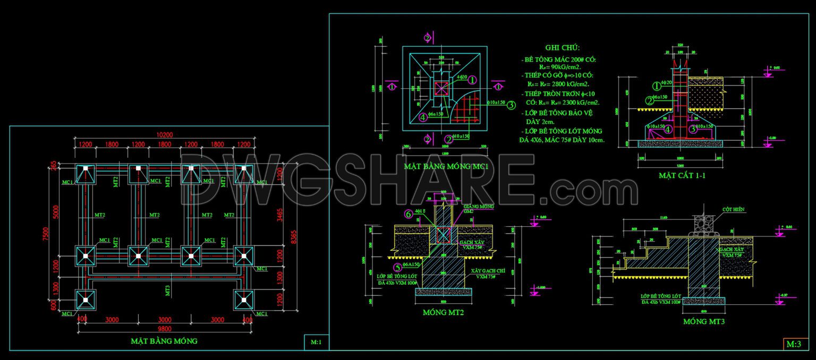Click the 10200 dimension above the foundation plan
pyautogui.click(x=165, y=134)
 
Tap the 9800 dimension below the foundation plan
pyautogui.click(x=164, y=329)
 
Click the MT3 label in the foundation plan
pyautogui.click(x=167, y=290)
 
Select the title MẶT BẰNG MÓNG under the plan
pyautogui.click(x=164, y=341)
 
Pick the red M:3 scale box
pyautogui.click(x=794, y=344)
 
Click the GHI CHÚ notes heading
pyautogui.click(x=563, y=48)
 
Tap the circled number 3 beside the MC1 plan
pyautogui.click(x=511, y=105)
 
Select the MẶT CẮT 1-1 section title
pyautogui.click(x=682, y=175)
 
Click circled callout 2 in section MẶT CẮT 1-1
pyautogui.click(x=649, y=100)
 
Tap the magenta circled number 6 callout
pyautogui.click(x=408, y=214)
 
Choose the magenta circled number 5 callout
pyautogui.click(x=396, y=268)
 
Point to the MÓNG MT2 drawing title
pyautogui.click(x=444, y=313)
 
